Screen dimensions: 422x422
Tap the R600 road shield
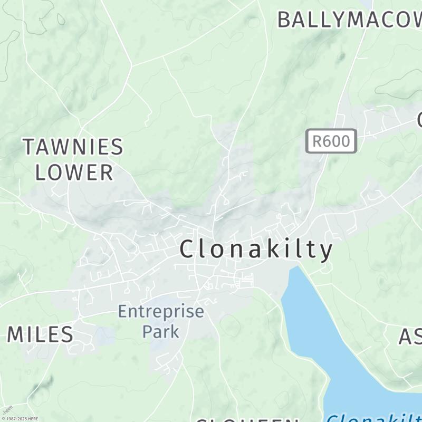(x=331, y=141)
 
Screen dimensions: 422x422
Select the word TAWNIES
(x=73, y=147)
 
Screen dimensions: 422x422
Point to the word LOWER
(x=74, y=172)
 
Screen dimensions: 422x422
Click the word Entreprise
(x=160, y=311)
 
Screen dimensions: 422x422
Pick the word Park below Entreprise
(x=161, y=332)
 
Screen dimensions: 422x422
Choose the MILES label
(x=40, y=334)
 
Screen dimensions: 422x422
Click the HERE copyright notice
(x=20, y=418)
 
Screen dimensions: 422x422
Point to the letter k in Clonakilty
(x=273, y=249)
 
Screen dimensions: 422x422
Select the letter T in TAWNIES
(x=30, y=147)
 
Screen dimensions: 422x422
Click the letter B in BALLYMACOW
(x=284, y=20)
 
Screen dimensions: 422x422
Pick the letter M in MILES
(x=17, y=334)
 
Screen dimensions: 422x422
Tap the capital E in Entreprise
(x=122, y=311)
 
